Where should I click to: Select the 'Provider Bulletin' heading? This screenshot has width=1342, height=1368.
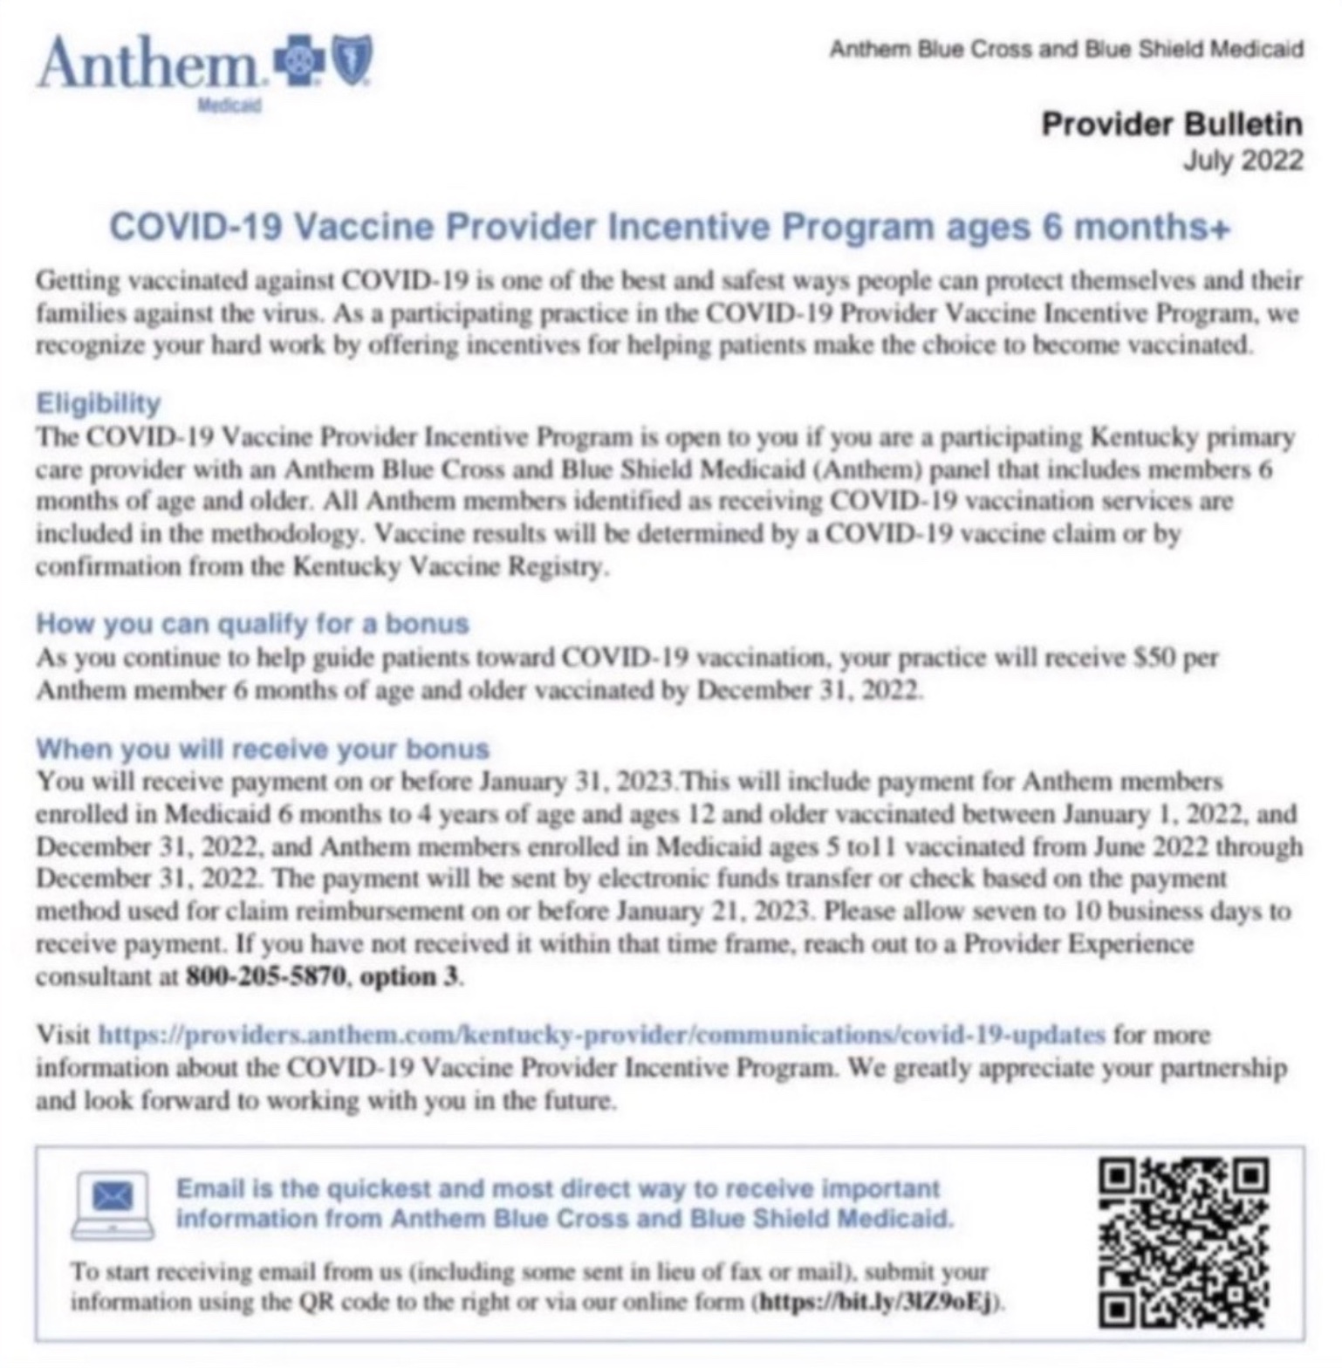pyautogui.click(x=1171, y=125)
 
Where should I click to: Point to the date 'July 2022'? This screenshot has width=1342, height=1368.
pyautogui.click(x=1242, y=161)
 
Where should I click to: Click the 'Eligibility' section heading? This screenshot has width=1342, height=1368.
pyautogui.click(x=99, y=403)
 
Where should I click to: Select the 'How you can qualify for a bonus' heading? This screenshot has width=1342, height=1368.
pyautogui.click(x=252, y=624)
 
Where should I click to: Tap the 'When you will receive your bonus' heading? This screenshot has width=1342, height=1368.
pyautogui.click(x=263, y=749)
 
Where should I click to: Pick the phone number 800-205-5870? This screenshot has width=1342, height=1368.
pyautogui.click(x=266, y=976)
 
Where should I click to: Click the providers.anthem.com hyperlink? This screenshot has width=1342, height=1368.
pyautogui.click(x=602, y=1036)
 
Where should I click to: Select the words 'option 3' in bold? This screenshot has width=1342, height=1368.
pyautogui.click(x=408, y=976)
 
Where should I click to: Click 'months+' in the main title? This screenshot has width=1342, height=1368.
pyautogui.click(x=1151, y=227)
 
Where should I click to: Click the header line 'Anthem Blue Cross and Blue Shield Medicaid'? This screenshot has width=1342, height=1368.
pyautogui.click(x=1065, y=49)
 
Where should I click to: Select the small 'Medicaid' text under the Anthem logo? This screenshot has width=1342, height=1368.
pyautogui.click(x=229, y=106)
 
